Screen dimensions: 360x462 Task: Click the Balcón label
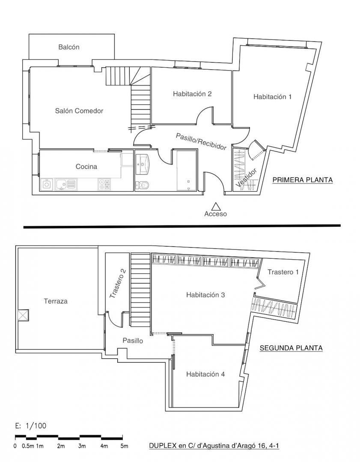(68, 47)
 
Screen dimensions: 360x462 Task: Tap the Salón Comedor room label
(79, 111)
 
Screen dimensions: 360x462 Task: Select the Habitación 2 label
(192, 94)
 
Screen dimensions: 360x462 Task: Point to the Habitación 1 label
(272, 97)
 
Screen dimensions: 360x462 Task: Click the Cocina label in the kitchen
(86, 166)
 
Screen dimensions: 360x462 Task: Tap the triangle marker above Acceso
(216, 207)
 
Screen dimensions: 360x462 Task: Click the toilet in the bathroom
(142, 185)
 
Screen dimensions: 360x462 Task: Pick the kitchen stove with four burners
(104, 184)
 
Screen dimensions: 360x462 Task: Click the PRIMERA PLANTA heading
(303, 180)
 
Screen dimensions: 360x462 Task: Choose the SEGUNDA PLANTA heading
(291, 348)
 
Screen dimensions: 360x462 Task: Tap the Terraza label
(55, 301)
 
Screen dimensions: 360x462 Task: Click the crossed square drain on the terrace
(23, 315)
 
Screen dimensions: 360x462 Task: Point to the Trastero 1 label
(283, 272)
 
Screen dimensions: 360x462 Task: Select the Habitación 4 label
(205, 374)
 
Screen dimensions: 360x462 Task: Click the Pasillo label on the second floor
(133, 341)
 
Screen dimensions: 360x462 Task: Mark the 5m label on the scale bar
(125, 446)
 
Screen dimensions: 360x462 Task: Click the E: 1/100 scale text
(30, 426)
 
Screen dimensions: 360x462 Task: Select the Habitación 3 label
(205, 295)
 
